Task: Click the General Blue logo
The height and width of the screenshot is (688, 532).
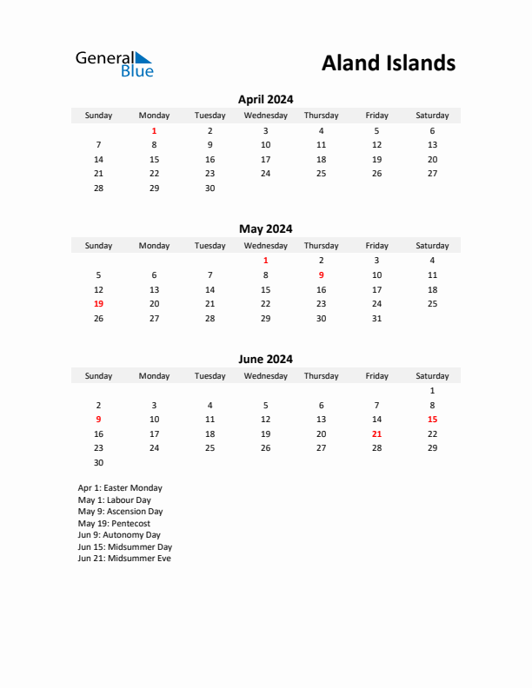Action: [114, 63]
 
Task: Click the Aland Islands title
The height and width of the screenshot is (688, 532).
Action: [388, 63]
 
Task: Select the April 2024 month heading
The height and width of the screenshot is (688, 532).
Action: [265, 99]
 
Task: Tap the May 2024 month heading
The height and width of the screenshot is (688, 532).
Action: [265, 229]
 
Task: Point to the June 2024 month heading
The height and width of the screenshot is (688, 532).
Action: [265, 359]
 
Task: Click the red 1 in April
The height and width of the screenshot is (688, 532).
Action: [154, 130]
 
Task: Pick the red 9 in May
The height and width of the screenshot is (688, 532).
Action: [321, 275]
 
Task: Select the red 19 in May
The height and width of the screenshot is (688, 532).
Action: [98, 304]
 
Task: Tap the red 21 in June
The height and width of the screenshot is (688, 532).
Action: [376, 433]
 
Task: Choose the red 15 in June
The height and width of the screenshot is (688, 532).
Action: [432, 419]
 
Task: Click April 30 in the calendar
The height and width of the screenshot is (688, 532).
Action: [209, 188]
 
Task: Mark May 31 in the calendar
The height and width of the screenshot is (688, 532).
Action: [376, 318]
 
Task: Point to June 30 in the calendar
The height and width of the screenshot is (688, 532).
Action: [98, 462]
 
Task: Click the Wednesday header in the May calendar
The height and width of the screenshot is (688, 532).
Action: [265, 246]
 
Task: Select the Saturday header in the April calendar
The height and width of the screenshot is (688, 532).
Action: [432, 116]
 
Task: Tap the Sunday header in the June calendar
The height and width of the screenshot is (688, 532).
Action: [98, 376]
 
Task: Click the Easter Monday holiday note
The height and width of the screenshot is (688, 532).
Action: [120, 488]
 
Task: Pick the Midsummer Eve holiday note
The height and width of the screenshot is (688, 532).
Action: [124, 559]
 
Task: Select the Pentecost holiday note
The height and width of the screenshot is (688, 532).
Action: [114, 524]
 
